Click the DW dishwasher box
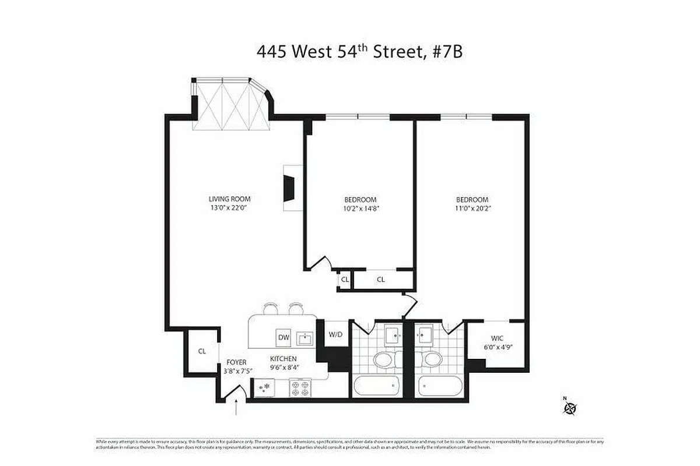[283, 338]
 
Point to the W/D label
[335, 334]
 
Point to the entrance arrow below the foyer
[236, 407]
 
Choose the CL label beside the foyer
[202, 351]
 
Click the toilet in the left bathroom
[386, 359]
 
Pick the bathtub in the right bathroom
[439, 386]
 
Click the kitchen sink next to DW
[304, 338]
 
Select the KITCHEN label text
[283, 359]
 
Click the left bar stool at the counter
[271, 308]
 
